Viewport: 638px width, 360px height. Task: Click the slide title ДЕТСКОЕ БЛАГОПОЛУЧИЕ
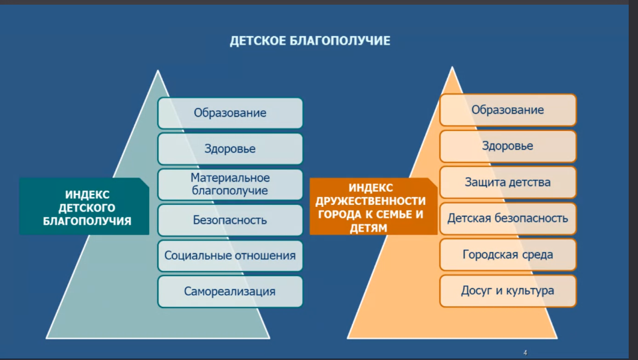310,41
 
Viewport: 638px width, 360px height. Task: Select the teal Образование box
230,112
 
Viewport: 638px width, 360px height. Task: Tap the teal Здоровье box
230,148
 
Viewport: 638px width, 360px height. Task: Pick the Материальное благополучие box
230,184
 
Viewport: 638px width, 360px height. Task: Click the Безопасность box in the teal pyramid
230,220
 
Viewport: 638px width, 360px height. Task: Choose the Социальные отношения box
230,256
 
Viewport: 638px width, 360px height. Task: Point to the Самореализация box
230,291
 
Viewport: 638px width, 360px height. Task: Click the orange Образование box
508,110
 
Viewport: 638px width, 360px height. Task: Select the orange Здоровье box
508,146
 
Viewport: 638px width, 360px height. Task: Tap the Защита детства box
508,182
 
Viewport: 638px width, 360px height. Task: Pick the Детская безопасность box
508,218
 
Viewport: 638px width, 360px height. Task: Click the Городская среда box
508,255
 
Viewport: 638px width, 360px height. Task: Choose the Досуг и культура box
508,291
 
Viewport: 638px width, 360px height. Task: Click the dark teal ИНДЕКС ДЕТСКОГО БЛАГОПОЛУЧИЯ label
84,206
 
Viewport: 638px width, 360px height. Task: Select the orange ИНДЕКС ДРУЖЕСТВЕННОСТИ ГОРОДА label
373,206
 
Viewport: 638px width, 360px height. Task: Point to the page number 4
526,353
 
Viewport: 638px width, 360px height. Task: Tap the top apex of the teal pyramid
158,71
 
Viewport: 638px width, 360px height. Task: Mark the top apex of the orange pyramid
452,67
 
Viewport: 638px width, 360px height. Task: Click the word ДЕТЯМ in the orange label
369,228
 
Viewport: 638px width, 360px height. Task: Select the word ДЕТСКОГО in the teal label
86,208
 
